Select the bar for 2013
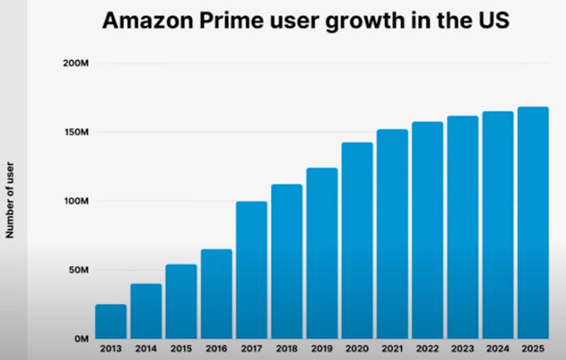(111, 322)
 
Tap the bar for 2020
(357, 240)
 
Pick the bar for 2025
(533, 223)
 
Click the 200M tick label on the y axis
(75, 64)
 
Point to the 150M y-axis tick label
(75, 132)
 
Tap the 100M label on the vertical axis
(75, 201)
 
